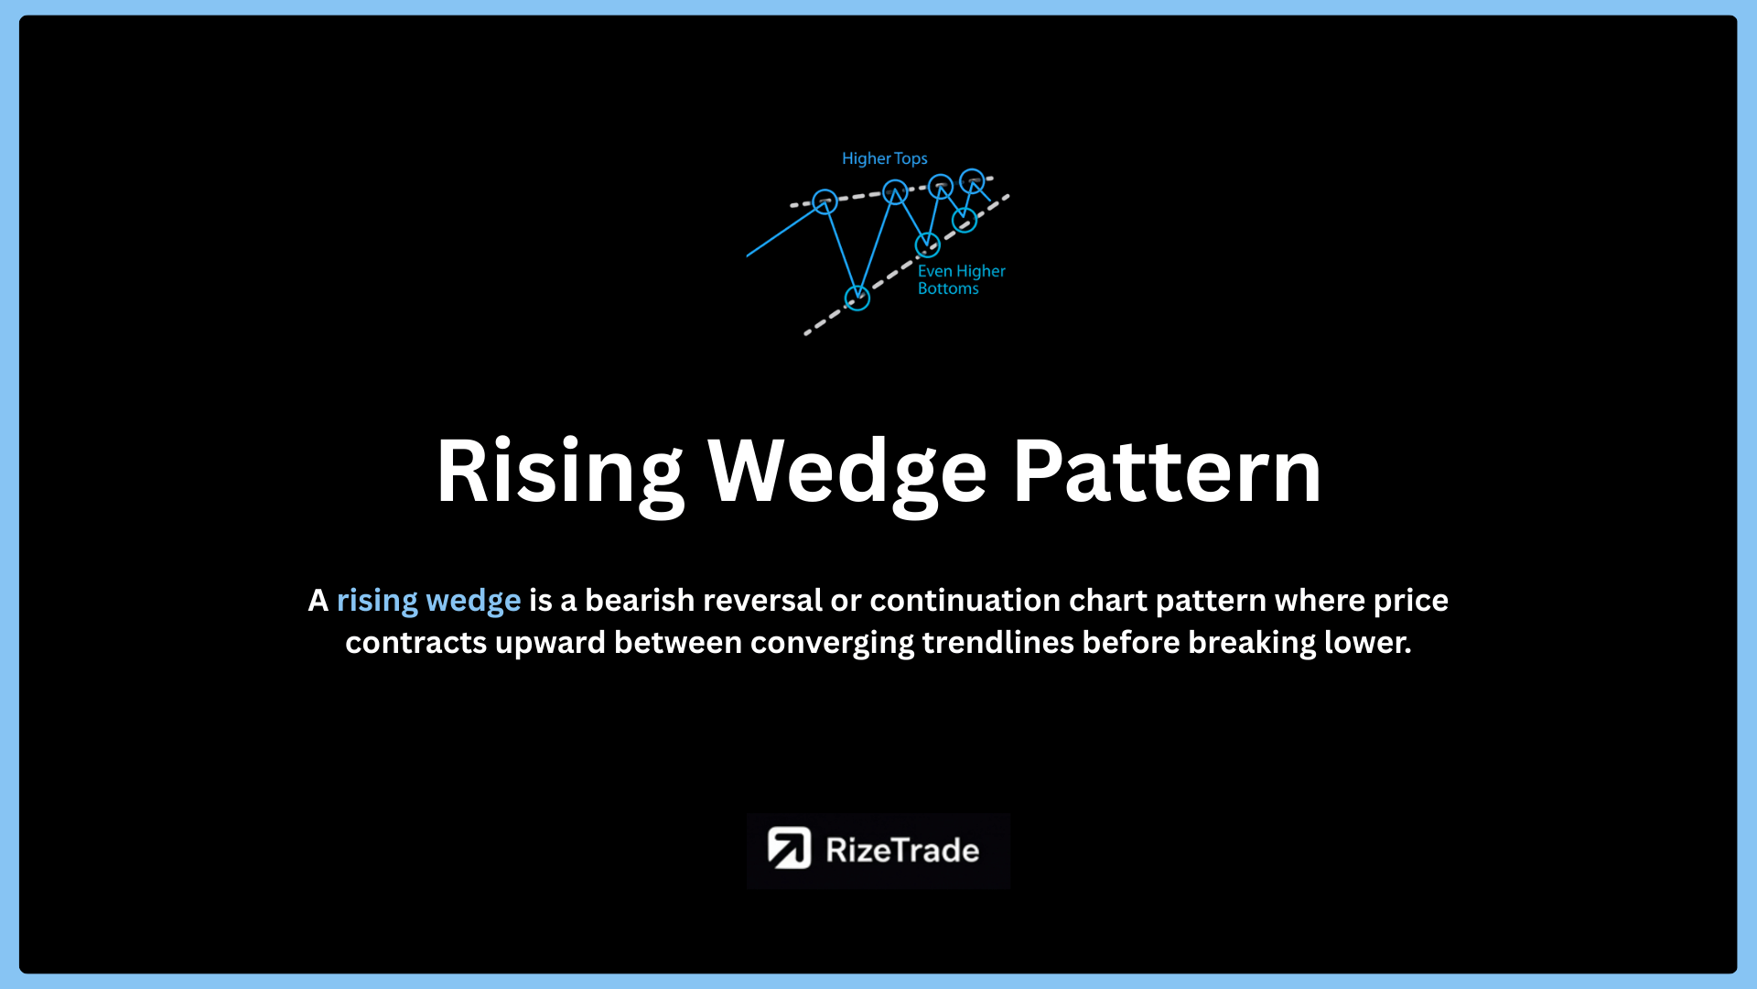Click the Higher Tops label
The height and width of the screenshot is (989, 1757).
tap(885, 158)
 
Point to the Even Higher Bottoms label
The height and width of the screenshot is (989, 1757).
tap(961, 279)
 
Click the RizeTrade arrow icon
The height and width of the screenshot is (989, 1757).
tap(789, 848)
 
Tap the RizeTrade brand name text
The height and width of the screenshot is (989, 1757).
tap(902, 851)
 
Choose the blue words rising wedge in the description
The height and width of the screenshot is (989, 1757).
tap(428, 602)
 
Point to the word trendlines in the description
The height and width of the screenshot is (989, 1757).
tap(998, 642)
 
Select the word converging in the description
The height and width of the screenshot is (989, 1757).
tap(832, 644)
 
